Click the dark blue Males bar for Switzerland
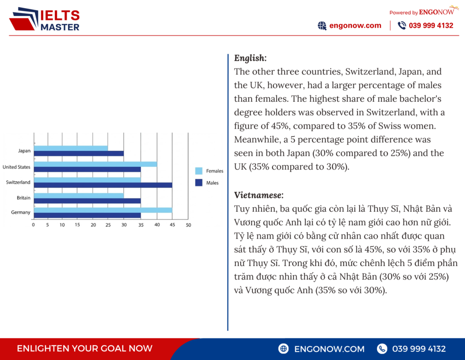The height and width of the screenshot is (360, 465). click(103, 185)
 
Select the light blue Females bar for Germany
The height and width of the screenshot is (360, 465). click(103, 210)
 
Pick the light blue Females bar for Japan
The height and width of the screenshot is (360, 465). click(70, 148)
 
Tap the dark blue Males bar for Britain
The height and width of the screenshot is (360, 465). click(87, 200)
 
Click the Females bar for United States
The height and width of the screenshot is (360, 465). click(95, 164)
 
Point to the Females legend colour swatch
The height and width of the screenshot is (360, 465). click(198, 171)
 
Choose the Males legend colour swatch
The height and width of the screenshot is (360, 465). click(198, 183)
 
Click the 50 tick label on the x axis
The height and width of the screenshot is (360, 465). click(188, 225)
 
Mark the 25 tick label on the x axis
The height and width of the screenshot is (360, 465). click(108, 225)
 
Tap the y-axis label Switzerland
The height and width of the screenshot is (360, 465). click(18, 182)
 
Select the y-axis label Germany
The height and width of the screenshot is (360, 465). click(21, 212)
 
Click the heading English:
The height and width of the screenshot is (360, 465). click(250, 58)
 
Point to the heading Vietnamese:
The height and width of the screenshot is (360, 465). click(259, 195)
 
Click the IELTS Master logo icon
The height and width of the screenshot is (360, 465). click(23, 19)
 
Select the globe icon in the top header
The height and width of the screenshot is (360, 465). click(322, 25)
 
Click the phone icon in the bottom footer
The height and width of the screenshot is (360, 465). click(382, 349)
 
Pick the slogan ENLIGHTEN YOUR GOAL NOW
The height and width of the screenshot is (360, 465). click(84, 349)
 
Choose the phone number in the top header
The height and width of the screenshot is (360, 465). click(431, 25)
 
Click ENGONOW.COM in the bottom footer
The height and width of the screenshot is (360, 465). click(329, 349)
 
